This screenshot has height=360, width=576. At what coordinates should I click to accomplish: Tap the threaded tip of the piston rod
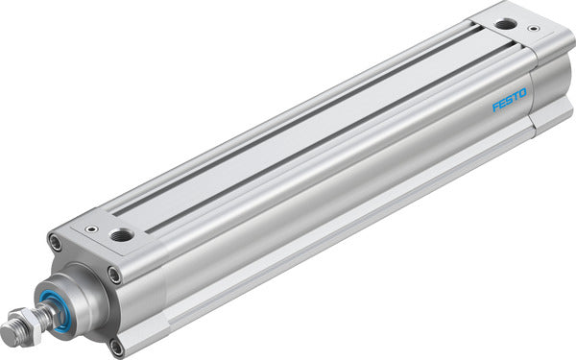tap(14, 333)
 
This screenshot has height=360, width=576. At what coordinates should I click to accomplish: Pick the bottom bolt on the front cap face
tap(115, 345)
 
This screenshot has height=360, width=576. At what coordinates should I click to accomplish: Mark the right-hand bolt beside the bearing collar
tap(114, 276)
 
